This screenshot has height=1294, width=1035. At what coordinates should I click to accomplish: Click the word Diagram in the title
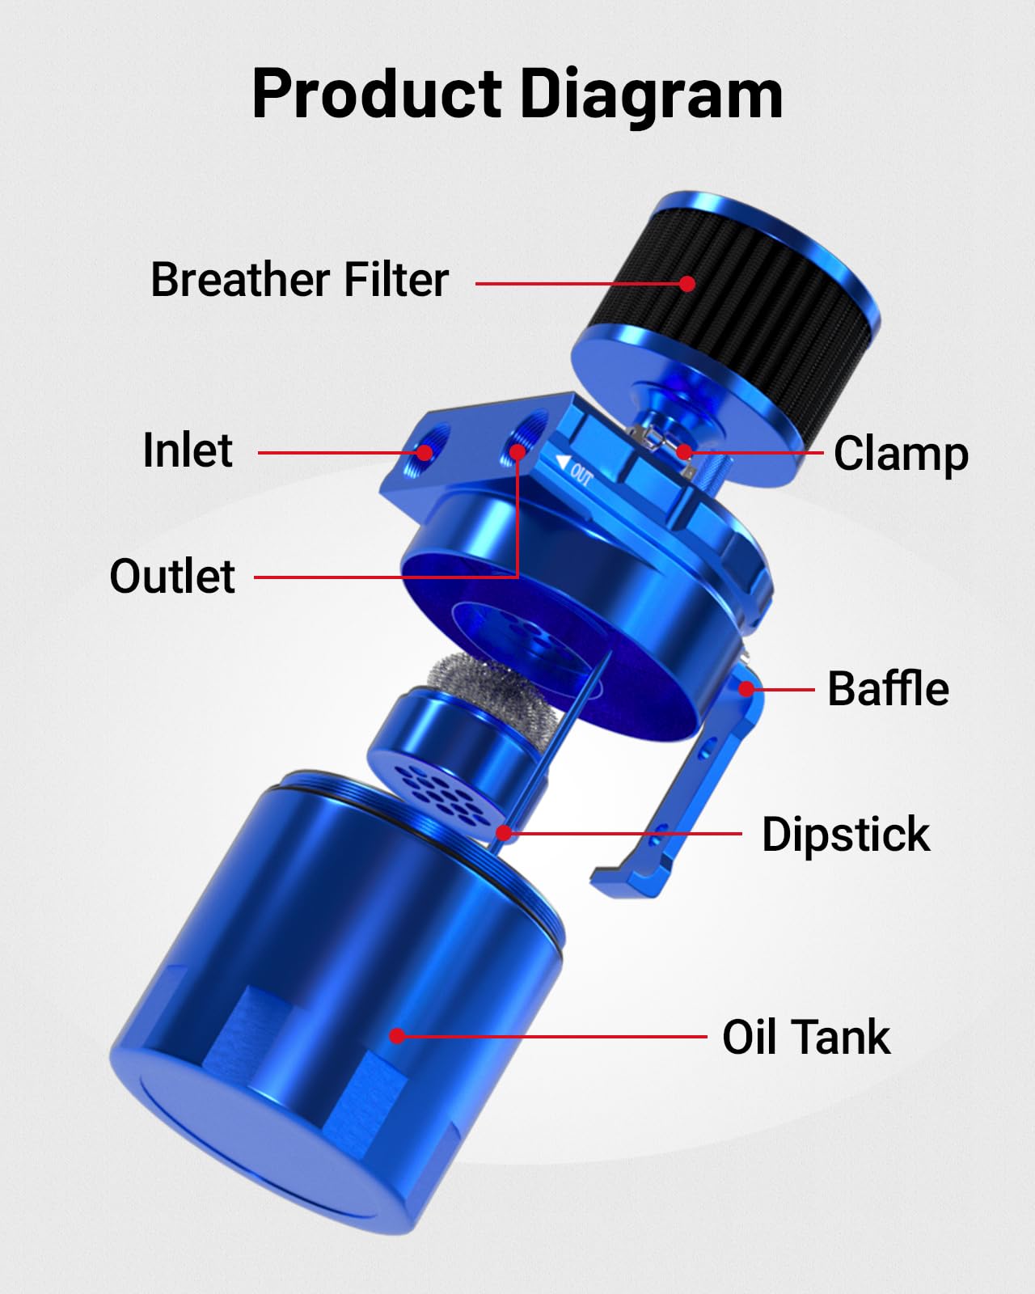pyautogui.click(x=651, y=95)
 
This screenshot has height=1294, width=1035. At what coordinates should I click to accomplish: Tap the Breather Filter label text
pyautogui.click(x=299, y=280)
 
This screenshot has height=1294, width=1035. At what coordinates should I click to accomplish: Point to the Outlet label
pyautogui.click(x=172, y=576)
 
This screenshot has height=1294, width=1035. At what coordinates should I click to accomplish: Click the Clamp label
pyautogui.click(x=901, y=454)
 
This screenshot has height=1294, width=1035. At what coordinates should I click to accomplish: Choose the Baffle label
pyautogui.click(x=888, y=689)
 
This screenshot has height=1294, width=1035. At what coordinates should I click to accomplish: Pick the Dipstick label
pyautogui.click(x=846, y=835)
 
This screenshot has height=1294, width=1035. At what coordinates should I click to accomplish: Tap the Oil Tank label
pyautogui.click(x=806, y=1037)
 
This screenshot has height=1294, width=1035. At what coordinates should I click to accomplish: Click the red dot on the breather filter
pyautogui.click(x=687, y=284)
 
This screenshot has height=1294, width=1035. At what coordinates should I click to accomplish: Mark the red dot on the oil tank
pyautogui.click(x=397, y=1035)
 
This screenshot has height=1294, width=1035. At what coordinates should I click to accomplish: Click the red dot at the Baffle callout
pyautogui.click(x=747, y=690)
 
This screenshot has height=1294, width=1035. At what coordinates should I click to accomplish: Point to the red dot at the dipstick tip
pyautogui.click(x=504, y=832)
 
